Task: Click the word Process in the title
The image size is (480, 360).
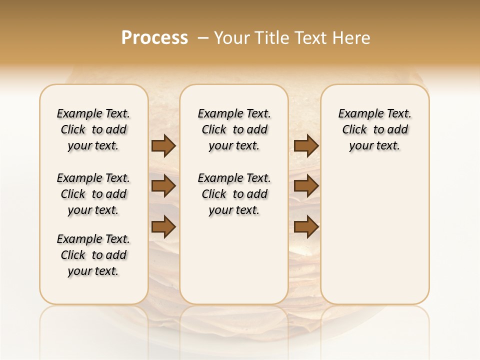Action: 154,38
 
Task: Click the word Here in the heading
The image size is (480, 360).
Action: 352,38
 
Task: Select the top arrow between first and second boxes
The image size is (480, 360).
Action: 163,145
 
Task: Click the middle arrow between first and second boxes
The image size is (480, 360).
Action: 163,186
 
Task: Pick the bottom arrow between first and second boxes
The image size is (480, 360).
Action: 163,226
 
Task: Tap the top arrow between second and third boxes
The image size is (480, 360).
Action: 306,145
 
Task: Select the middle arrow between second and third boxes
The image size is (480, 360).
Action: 306,186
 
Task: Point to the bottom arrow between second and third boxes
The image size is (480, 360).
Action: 306,226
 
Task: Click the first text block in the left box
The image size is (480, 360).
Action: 93,129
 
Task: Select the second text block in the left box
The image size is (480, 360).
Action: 93,194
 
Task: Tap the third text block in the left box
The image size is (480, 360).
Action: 93,255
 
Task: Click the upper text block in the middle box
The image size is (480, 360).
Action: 234,129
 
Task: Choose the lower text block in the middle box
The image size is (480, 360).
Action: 234,194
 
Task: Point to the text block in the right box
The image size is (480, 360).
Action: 375,129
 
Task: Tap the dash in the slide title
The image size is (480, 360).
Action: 203,38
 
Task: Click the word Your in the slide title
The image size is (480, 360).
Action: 230,38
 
